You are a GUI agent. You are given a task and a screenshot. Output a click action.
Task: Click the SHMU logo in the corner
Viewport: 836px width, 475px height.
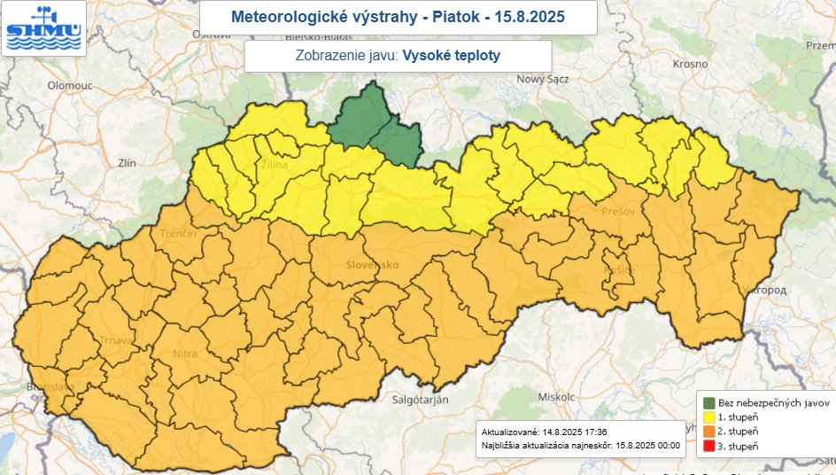click(43, 28)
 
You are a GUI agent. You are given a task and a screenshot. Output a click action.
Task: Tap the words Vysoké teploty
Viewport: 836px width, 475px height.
click(452, 55)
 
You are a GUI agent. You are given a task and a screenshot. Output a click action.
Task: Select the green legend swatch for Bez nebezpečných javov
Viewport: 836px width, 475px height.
click(709, 401)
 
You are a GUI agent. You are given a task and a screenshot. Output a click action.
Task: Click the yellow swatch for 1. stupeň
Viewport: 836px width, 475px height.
click(709, 416)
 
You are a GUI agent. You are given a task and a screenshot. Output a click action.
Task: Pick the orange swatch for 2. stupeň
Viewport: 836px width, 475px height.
click(709, 431)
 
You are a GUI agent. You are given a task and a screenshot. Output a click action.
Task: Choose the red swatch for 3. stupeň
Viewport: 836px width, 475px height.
click(709, 446)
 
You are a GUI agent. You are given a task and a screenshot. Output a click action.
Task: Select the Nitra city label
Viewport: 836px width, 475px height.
click(185, 354)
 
